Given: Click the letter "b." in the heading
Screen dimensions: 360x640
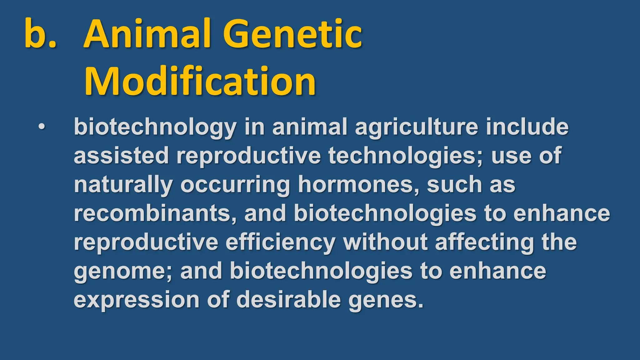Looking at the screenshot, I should [40, 34].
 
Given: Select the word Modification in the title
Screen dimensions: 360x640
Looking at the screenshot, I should [200, 81].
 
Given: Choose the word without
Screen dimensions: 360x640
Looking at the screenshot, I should [385, 242].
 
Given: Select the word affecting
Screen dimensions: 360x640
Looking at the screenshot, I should [485, 242].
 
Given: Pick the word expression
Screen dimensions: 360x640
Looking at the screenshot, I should [137, 300].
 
